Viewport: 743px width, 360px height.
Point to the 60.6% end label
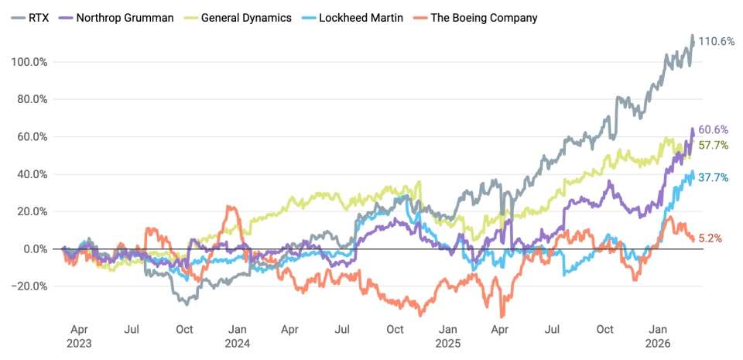[x=712, y=129]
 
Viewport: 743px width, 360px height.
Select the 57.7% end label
[x=712, y=145]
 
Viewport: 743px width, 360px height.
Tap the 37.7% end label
[x=712, y=177]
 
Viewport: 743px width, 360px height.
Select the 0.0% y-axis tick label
[x=36, y=249]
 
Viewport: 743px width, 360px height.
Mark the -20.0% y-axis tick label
[x=30, y=286]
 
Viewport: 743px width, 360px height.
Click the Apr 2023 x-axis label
[x=79, y=335]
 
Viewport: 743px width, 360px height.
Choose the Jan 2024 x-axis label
[x=238, y=335]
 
